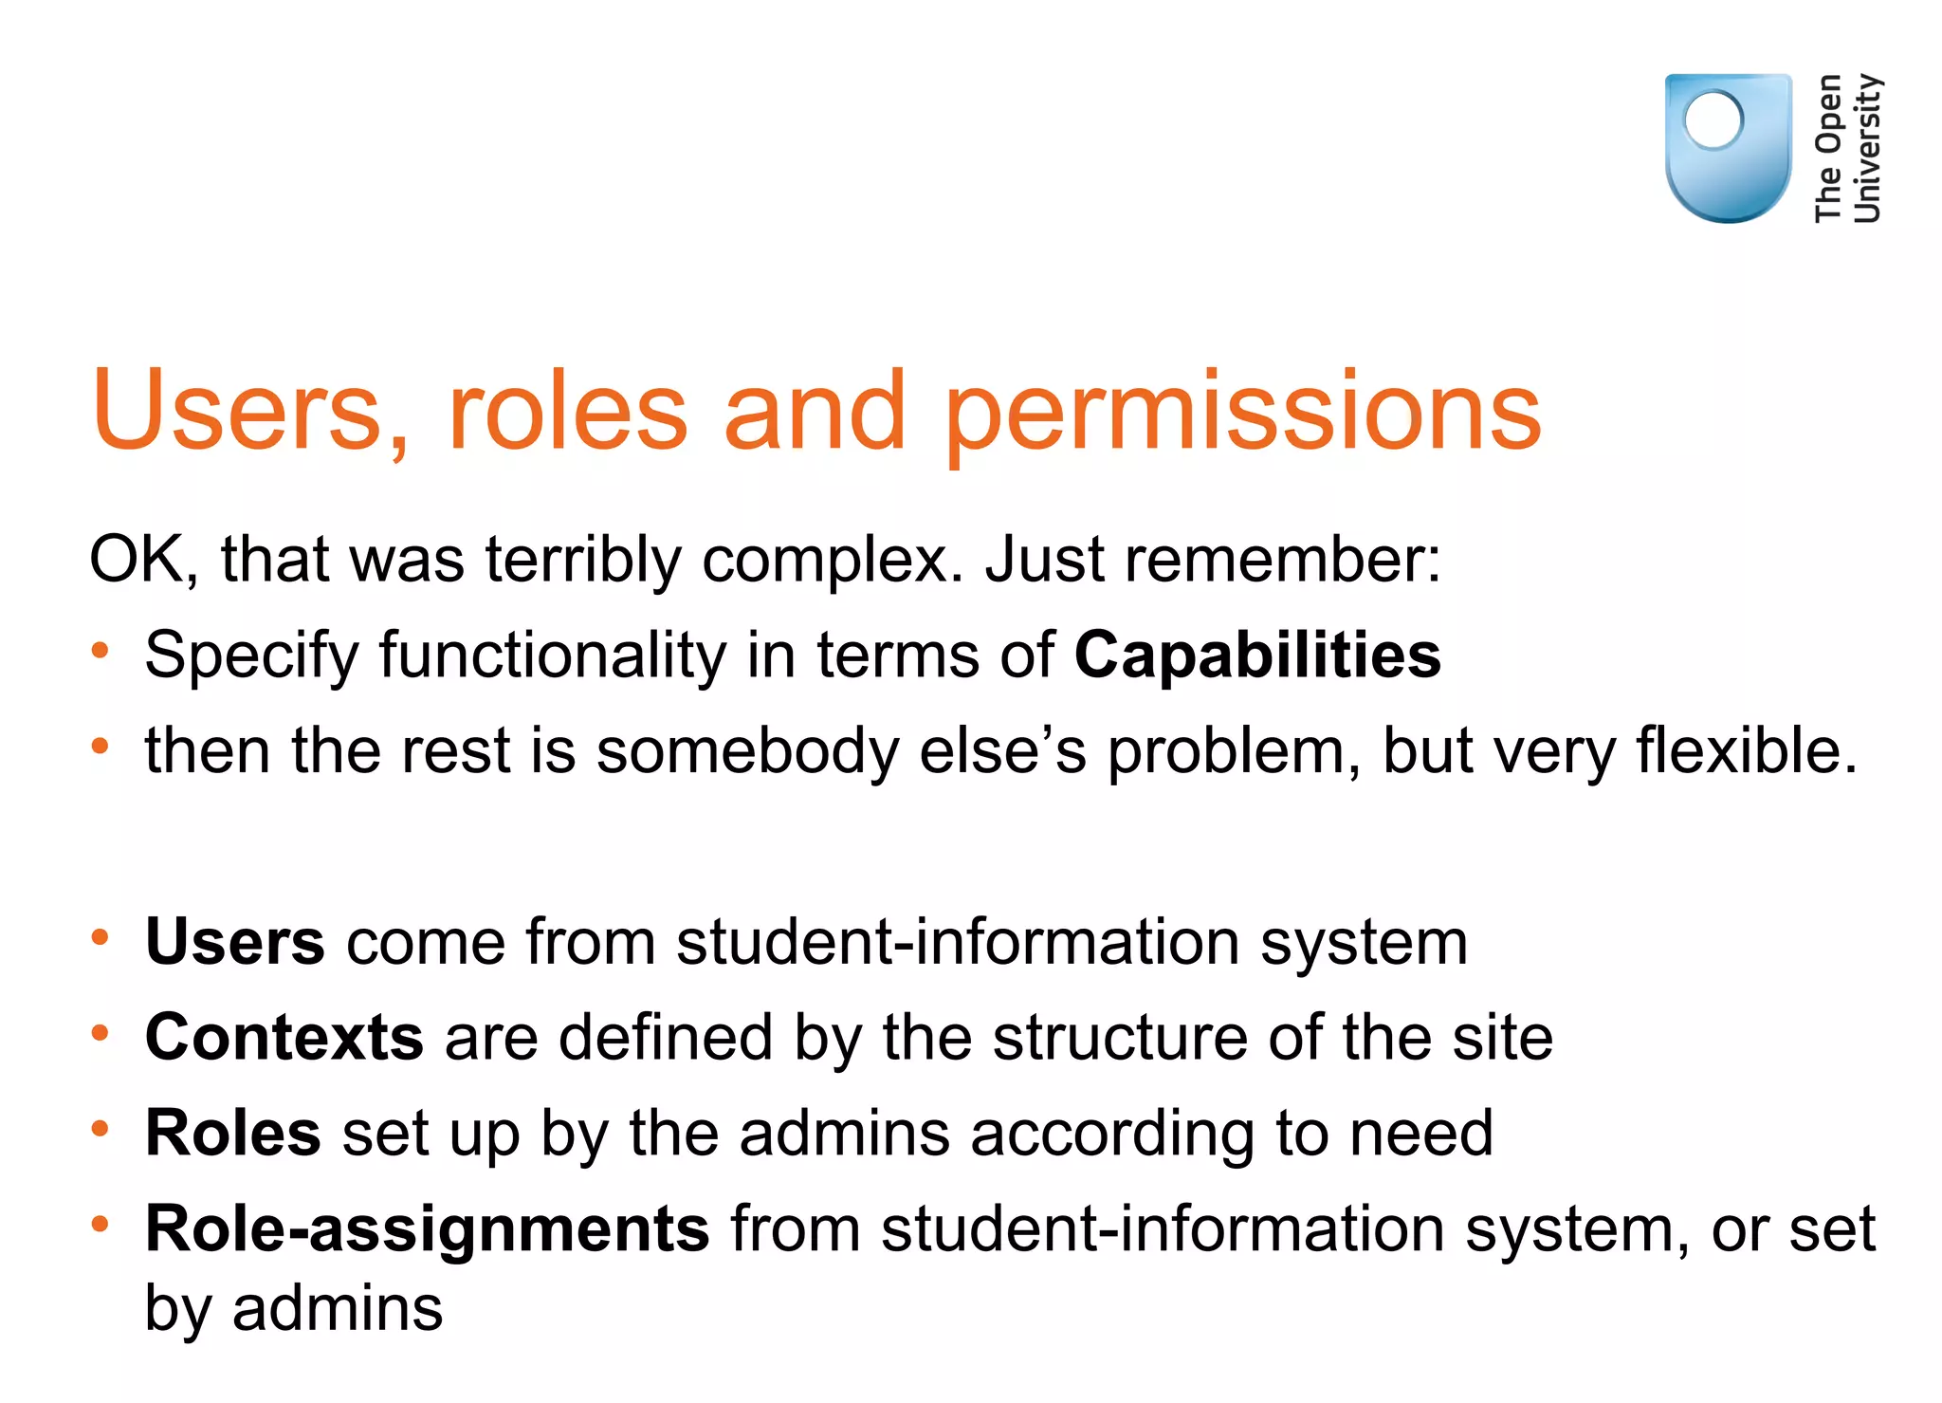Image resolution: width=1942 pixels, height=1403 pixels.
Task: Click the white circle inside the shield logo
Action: click(1713, 120)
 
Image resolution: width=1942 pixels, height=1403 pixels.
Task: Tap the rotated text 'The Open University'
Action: click(1847, 148)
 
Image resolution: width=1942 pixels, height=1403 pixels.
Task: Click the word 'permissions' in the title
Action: click(1243, 413)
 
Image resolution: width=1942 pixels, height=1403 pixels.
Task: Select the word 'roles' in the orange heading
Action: click(567, 413)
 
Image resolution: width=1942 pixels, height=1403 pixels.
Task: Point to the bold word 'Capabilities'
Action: click(1257, 655)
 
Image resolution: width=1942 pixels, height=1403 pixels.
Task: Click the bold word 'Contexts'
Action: click(284, 1036)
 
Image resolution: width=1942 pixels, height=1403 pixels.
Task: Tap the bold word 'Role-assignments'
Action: click(427, 1228)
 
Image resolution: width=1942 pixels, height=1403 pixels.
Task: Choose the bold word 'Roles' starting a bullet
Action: click(232, 1133)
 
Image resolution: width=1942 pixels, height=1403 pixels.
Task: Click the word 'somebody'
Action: click(747, 750)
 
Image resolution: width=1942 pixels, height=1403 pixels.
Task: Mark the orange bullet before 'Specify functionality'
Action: click(101, 652)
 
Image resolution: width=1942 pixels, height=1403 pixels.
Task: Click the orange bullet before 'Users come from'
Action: click(101, 938)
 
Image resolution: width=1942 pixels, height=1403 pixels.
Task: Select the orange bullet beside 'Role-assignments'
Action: click(101, 1225)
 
